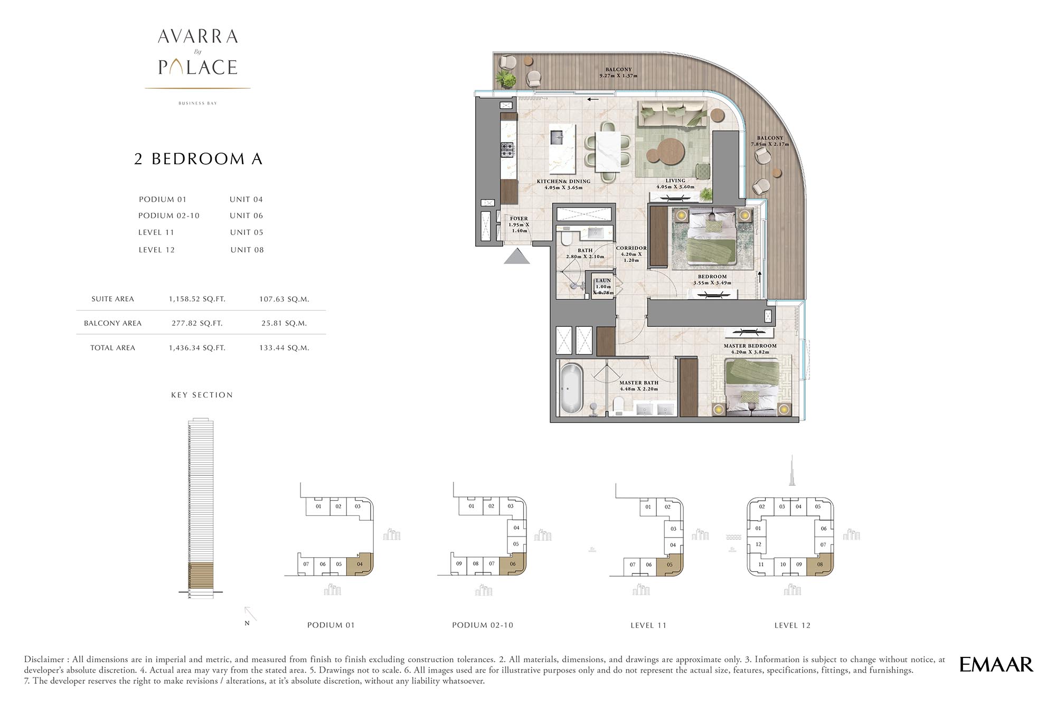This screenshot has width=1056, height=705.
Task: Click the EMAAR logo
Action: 996,664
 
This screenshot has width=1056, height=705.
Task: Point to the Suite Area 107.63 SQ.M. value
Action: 284,299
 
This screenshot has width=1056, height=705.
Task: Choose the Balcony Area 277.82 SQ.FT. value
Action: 197,323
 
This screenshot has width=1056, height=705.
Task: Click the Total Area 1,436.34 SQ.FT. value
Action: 197,347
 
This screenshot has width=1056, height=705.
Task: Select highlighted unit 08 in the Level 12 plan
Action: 822,564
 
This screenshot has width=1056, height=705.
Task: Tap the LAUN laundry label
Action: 603,281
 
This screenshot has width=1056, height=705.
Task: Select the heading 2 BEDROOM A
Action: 199,159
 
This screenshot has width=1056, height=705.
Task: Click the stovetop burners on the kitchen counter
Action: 507,150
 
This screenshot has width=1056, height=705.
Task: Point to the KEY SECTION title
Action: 202,395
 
